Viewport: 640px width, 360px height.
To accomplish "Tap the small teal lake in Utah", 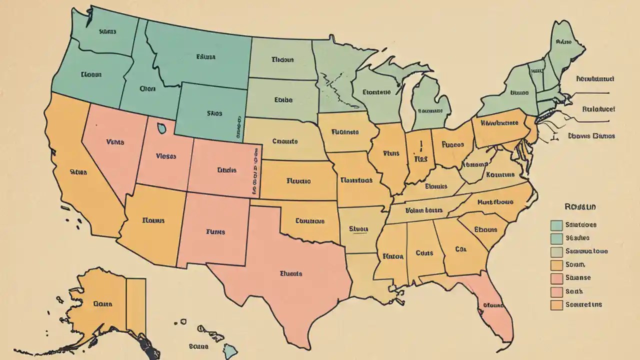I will coord(161,128).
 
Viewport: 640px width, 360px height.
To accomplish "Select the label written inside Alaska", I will coord(102,303).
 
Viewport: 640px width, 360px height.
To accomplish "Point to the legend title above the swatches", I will coord(580,206).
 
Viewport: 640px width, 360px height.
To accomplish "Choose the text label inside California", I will coord(78,172).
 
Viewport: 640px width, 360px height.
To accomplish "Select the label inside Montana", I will coord(205,57).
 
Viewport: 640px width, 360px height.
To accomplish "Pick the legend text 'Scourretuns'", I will coord(583,304).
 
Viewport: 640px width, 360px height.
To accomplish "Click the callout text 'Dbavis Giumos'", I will coord(591,135).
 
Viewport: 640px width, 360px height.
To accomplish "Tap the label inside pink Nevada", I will coord(115,141).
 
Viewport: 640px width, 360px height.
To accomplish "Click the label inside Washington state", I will coord(107,31).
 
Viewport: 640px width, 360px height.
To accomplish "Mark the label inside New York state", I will coord(519,92).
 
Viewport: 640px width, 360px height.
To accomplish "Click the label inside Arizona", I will coord(153,219).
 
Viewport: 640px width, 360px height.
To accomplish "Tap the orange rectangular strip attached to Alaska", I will coord(135,305).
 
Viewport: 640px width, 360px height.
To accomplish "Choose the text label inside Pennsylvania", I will coord(499,122).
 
